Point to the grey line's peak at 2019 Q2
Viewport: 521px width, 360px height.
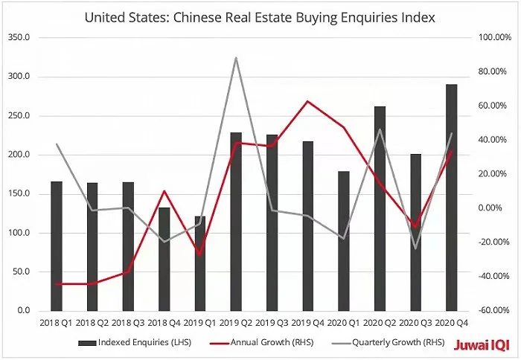click(x=236, y=57)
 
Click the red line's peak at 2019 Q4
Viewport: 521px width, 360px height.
click(x=308, y=101)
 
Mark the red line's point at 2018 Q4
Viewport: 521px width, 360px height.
click(x=164, y=191)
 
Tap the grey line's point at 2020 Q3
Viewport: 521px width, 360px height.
click(x=416, y=248)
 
